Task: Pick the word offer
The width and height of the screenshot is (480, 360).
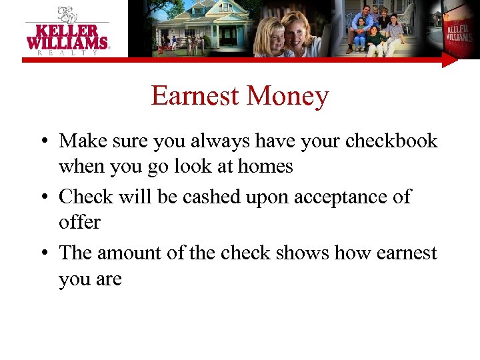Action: (x=79, y=222)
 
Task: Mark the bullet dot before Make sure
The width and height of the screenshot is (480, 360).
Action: (x=42, y=142)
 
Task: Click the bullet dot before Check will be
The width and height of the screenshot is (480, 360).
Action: (x=42, y=198)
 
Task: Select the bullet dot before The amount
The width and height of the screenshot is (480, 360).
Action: (x=42, y=254)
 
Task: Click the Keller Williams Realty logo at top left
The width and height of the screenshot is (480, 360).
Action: (x=67, y=31)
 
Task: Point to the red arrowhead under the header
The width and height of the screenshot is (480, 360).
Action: (x=451, y=61)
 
